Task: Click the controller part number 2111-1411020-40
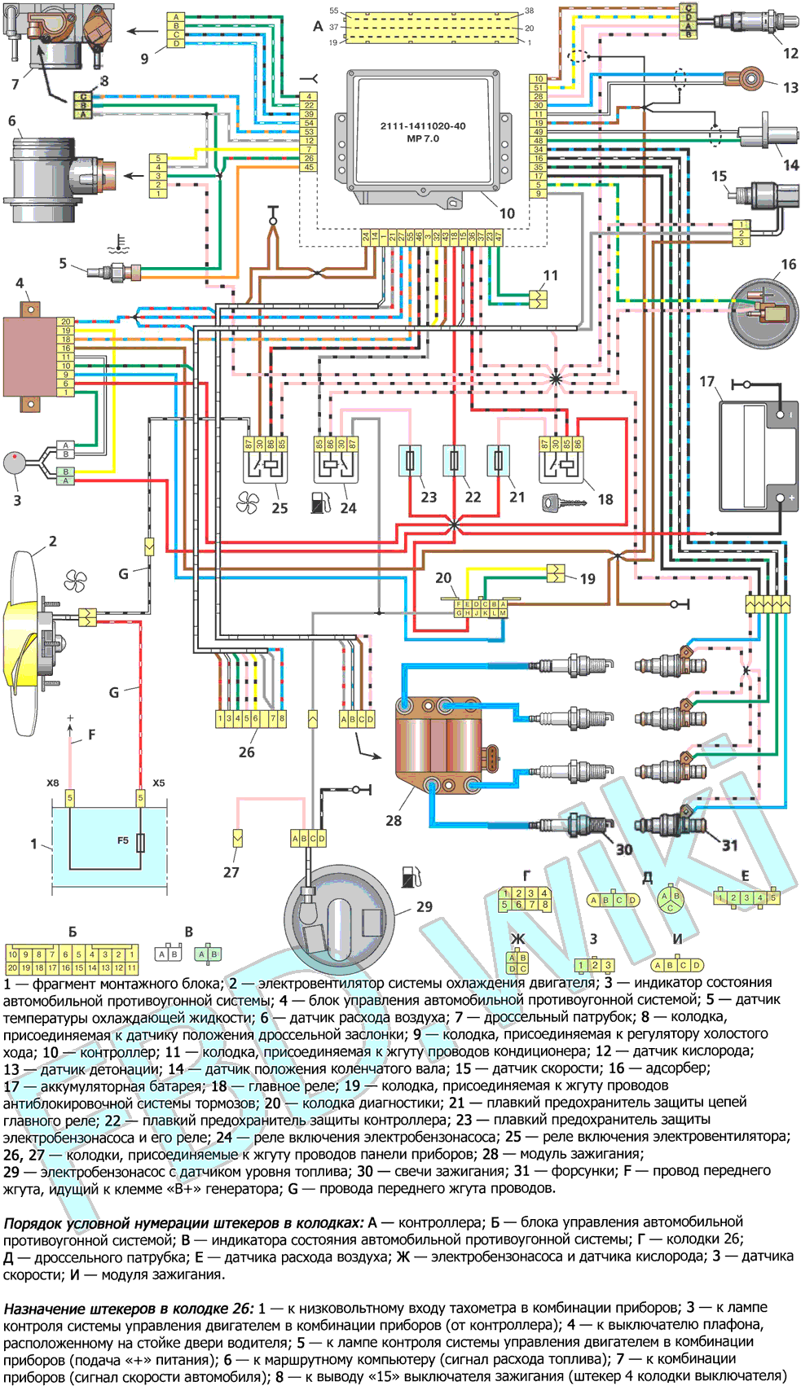tap(423, 126)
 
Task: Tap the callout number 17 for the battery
tap(706, 381)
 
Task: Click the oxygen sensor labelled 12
tap(754, 22)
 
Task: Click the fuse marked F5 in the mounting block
tap(141, 842)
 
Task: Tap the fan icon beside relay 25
tap(248, 503)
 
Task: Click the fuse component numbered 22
tap(454, 461)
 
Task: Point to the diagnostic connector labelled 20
tap(481, 608)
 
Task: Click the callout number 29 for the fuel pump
tap(425, 906)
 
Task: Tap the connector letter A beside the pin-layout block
tap(318, 26)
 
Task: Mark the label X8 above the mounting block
tap(53, 783)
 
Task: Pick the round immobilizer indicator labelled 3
tap(15, 463)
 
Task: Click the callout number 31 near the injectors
tap(730, 845)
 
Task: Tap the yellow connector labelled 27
tap(237, 837)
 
